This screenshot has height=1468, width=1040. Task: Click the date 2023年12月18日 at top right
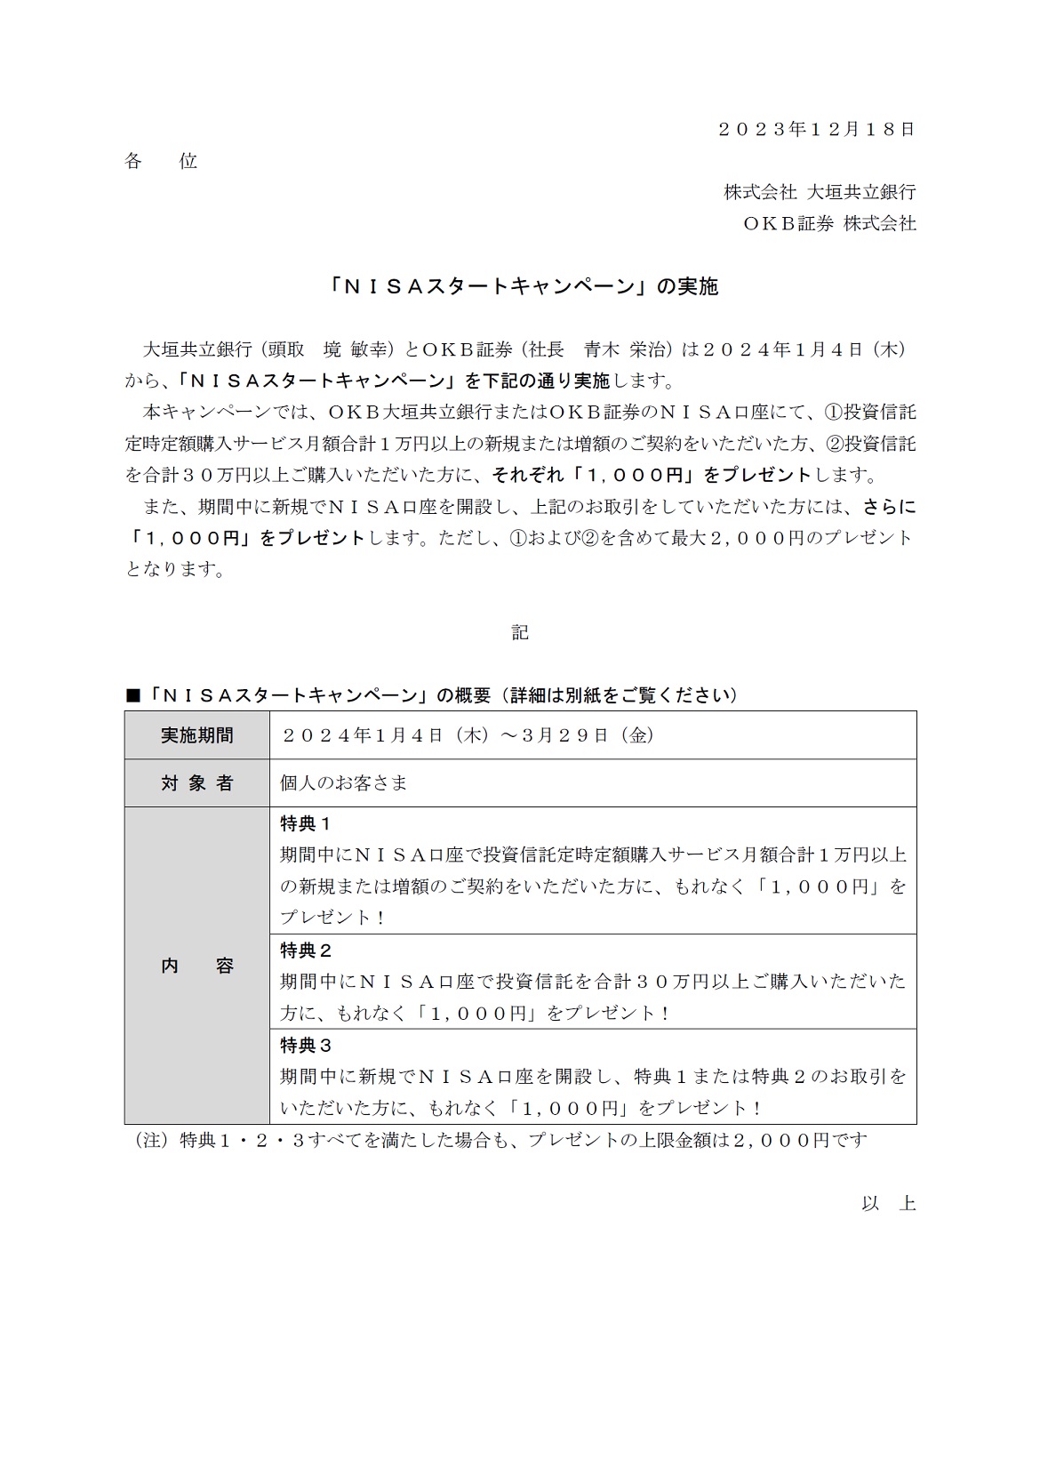[815, 129]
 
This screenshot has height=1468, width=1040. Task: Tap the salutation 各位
[160, 161]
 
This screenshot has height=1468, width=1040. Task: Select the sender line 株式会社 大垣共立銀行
[819, 192]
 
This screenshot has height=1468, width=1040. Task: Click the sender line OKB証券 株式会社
[828, 223]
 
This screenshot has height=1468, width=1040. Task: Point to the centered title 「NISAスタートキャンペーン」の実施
[520, 286]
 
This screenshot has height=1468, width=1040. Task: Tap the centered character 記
[520, 632]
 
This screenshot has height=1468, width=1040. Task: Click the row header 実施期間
[196, 735]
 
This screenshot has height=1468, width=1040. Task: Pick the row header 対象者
[196, 783]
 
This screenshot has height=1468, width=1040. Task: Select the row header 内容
[196, 966]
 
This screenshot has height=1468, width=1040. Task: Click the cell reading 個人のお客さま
[343, 783]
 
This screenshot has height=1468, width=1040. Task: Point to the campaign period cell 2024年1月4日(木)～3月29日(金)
[468, 735]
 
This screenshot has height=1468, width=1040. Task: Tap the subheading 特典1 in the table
[306, 823]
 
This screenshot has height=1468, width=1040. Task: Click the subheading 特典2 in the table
[306, 951]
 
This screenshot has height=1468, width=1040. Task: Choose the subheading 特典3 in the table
[306, 1046]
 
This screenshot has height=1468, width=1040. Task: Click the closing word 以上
[888, 1204]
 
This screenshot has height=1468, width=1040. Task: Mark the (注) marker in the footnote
[150, 1141]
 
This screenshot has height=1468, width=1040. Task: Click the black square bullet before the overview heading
[133, 695]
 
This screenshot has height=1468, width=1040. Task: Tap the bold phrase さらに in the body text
[889, 507]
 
